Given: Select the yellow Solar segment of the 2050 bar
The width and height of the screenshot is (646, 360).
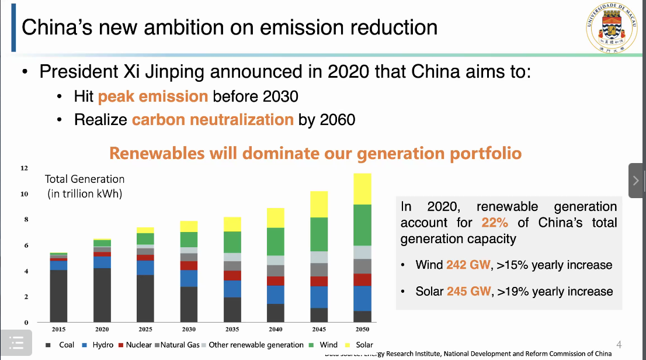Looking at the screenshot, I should [x=362, y=188].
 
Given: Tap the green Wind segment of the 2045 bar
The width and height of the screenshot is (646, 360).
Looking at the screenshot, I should [x=319, y=234].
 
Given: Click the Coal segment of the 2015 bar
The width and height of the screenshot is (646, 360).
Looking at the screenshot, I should [x=58, y=296].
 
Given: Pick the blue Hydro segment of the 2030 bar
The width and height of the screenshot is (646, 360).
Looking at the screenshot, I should [x=189, y=278].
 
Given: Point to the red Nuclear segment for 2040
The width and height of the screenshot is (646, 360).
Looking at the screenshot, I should [x=276, y=281].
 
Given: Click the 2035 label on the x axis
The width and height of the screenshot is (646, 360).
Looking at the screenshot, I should [x=232, y=330].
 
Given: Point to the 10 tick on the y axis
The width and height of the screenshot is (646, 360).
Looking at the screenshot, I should [x=25, y=194].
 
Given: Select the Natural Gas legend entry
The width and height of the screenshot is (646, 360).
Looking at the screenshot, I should [x=178, y=345].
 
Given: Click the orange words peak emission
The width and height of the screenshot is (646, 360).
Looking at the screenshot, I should [x=152, y=96].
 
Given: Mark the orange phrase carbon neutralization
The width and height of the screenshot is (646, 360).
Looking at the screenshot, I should [x=213, y=120].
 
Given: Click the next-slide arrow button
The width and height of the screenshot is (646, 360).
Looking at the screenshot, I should [x=636, y=181].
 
